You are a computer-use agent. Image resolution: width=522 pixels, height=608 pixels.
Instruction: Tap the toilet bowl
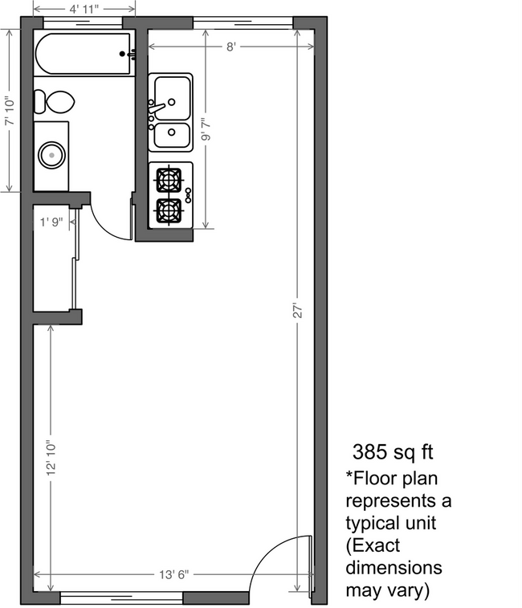(57, 102)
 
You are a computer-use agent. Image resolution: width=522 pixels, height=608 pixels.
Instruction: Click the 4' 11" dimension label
(84, 10)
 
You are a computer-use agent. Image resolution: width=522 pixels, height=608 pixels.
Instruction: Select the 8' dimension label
(230, 47)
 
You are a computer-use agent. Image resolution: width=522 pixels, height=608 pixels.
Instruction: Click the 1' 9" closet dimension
(52, 221)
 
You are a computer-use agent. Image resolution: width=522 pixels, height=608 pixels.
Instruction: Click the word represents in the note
(392, 501)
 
